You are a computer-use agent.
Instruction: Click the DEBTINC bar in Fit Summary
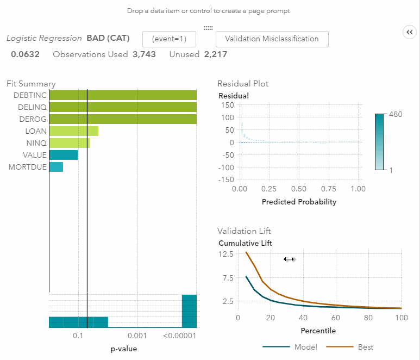123,95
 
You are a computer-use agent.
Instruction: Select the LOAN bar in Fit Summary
73,131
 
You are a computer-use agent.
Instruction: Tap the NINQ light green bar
69,143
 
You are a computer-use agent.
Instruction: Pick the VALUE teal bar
63,155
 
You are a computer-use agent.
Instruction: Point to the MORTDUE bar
56,167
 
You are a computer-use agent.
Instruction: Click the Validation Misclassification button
272,39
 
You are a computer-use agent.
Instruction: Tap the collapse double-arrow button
409,33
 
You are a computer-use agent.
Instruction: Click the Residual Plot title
242,84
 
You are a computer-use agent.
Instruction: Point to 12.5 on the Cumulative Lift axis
226,254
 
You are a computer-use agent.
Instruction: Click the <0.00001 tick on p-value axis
179,336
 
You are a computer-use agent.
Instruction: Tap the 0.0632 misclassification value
25,54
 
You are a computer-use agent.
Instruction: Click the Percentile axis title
318,331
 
